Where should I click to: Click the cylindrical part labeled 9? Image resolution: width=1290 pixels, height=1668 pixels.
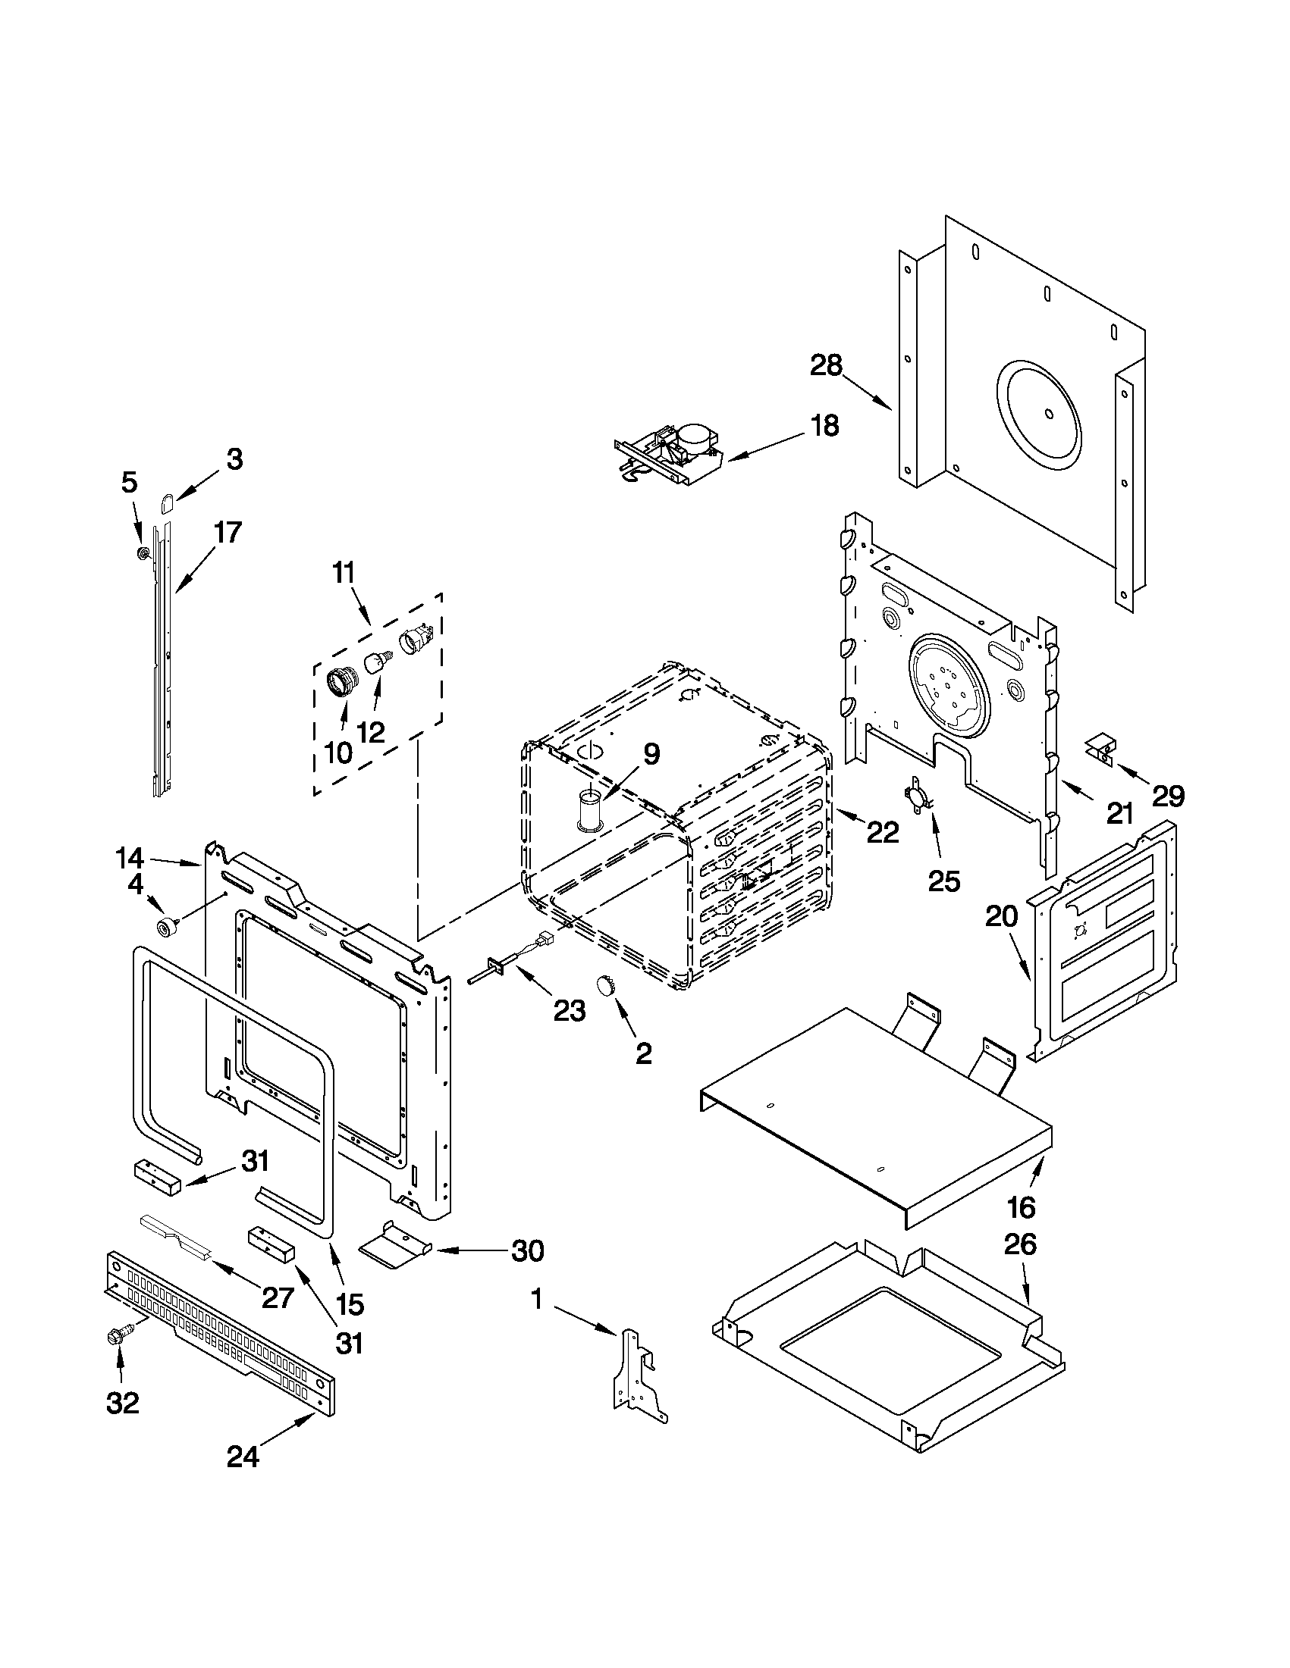tap(590, 810)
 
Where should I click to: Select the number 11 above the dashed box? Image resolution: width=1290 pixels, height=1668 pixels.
tap(344, 572)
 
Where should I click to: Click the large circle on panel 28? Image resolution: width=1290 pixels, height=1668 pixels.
tap(1039, 415)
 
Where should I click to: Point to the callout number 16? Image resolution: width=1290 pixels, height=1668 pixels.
tap(1021, 1206)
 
